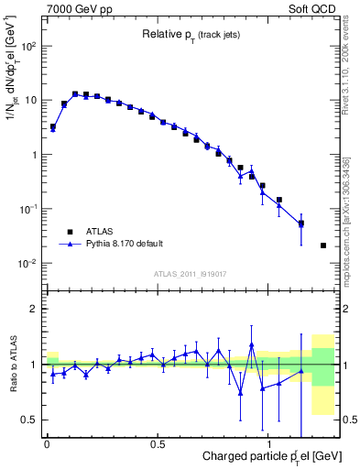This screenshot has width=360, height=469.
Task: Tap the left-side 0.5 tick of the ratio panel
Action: (32, 420)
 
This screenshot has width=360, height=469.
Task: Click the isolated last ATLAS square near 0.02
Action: (323, 245)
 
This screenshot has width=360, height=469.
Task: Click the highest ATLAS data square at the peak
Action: (75, 93)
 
